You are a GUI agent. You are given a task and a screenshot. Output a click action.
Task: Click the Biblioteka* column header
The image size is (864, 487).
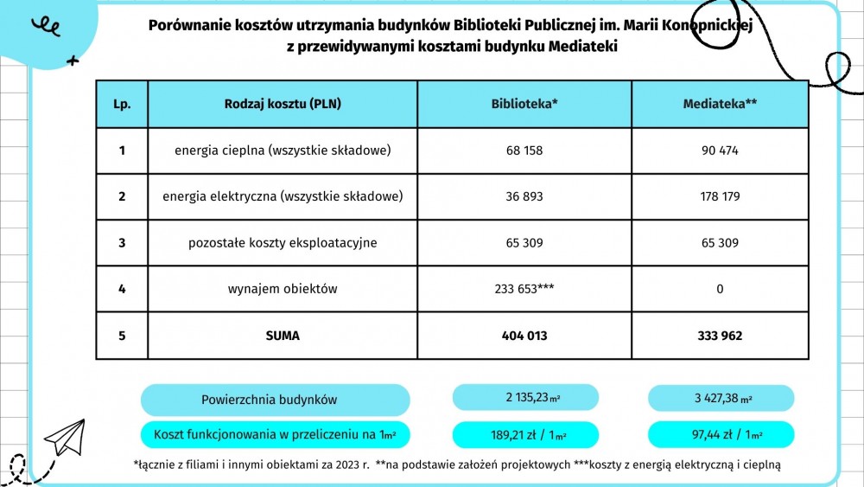pyautogui.click(x=524, y=104)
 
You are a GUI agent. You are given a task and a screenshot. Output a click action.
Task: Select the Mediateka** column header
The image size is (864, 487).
pyautogui.click(x=720, y=104)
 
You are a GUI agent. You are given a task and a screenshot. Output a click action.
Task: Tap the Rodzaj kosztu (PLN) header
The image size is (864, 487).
pyautogui.click(x=283, y=104)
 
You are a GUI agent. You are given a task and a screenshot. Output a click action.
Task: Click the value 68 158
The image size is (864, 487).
pyautogui.click(x=524, y=151)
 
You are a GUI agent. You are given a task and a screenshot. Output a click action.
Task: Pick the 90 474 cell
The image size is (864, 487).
pyautogui.click(x=720, y=151)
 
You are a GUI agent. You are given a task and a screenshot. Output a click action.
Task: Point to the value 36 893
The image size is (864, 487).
pyautogui.click(x=524, y=196)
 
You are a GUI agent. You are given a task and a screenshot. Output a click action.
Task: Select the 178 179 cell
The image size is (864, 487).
pyautogui.click(x=720, y=196)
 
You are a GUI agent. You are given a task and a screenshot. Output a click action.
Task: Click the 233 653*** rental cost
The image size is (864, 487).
pyautogui.click(x=524, y=289)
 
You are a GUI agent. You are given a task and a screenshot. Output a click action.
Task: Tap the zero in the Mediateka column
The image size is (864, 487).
pyautogui.click(x=720, y=289)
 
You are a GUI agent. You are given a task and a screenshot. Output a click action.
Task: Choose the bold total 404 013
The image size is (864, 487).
pyautogui.click(x=524, y=336)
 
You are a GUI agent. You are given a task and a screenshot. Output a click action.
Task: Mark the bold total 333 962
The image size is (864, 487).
pyautogui.click(x=720, y=336)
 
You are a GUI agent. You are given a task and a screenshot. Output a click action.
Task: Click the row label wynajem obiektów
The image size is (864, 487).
pyautogui.click(x=283, y=289)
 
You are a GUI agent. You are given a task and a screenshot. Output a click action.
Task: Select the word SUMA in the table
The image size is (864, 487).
pyautogui.click(x=283, y=336)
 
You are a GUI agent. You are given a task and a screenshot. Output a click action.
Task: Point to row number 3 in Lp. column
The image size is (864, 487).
pyautogui.click(x=122, y=243)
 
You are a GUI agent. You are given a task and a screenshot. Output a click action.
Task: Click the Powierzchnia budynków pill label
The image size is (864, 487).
pyautogui.click(x=275, y=400)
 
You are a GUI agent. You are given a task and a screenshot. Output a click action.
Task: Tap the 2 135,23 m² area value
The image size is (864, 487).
pyautogui.click(x=525, y=398)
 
